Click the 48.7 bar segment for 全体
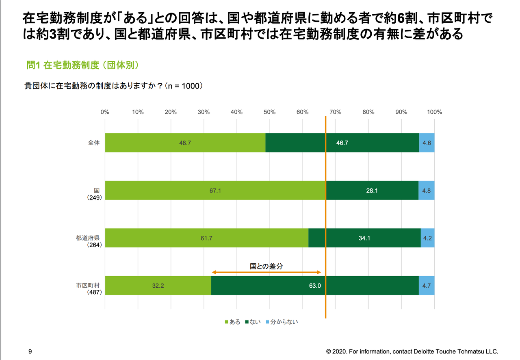[185, 143]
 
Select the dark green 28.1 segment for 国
[372, 190]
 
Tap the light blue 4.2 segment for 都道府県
[427, 238]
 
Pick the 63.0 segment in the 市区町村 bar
[315, 286]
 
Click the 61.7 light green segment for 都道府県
[206, 238]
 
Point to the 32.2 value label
[158, 286]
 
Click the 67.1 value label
[215, 190]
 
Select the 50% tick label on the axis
[269, 112]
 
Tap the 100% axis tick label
[434, 112]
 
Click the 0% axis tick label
[105, 112]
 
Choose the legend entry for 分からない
[282, 322]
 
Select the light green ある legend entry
[232, 322]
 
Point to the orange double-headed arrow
[266, 273]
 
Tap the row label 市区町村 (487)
[88, 288]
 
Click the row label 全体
[94, 143]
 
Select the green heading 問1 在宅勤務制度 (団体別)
[83, 65]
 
